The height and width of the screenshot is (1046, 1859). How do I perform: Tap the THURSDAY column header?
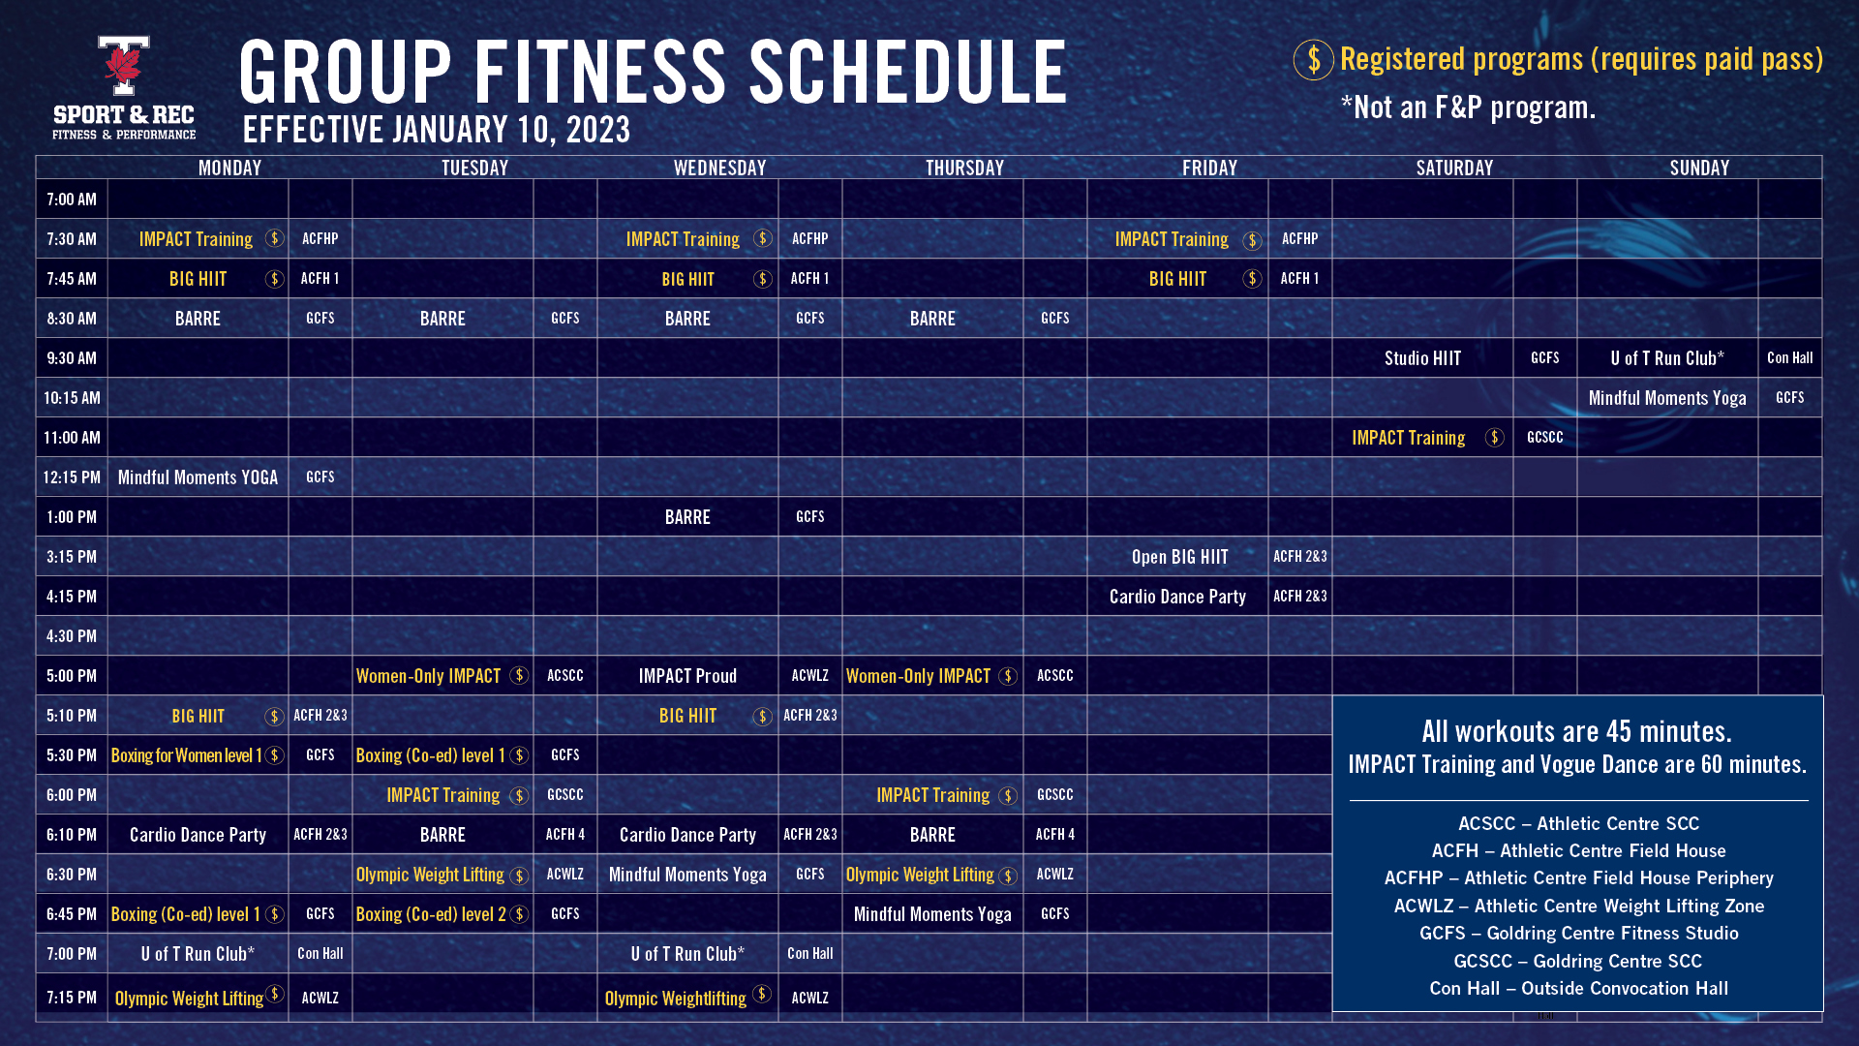(x=964, y=168)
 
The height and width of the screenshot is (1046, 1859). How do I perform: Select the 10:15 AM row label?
(x=72, y=398)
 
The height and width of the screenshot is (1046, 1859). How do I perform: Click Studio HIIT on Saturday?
(x=1422, y=358)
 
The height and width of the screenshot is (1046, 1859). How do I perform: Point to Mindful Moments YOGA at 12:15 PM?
(x=198, y=477)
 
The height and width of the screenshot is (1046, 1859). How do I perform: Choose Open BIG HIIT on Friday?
(x=1179, y=557)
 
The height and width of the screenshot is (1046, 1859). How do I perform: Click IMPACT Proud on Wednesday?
(x=687, y=676)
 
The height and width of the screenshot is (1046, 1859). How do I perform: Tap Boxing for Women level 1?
(x=186, y=755)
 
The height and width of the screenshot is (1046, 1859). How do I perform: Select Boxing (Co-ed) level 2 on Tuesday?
(x=431, y=914)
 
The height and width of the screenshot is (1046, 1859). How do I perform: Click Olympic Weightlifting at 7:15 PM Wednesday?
(x=675, y=999)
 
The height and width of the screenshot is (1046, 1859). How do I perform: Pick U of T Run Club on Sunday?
(x=1667, y=358)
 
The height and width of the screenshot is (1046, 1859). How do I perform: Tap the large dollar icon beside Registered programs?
(x=1313, y=60)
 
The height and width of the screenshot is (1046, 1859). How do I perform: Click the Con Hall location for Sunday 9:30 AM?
(x=1789, y=358)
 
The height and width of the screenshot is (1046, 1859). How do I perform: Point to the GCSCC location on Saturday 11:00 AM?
(x=1544, y=438)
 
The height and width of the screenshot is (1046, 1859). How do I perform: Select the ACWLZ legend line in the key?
(x=1578, y=907)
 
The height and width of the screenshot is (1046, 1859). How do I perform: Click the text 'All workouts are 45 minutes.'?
(x=1576, y=731)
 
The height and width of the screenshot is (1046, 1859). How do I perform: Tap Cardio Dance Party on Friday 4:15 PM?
(x=1177, y=597)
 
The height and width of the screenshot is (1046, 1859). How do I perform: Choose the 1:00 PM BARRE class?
(x=687, y=517)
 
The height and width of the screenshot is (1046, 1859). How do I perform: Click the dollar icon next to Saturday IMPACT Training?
(x=1494, y=438)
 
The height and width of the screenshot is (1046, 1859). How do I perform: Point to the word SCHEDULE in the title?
(x=907, y=73)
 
